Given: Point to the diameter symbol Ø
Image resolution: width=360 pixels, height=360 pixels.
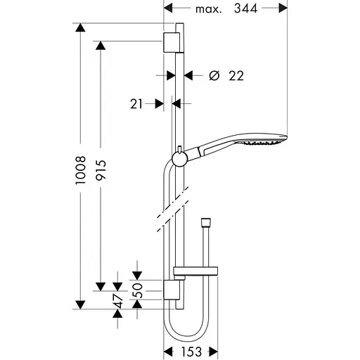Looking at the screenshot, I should coord(216,75).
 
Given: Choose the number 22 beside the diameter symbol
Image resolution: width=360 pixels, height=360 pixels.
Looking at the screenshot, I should coord(236,75).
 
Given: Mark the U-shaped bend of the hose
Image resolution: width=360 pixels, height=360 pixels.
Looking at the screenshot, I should coord(185,330).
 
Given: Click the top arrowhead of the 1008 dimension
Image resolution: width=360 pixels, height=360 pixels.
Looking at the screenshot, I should coord(82,28).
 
